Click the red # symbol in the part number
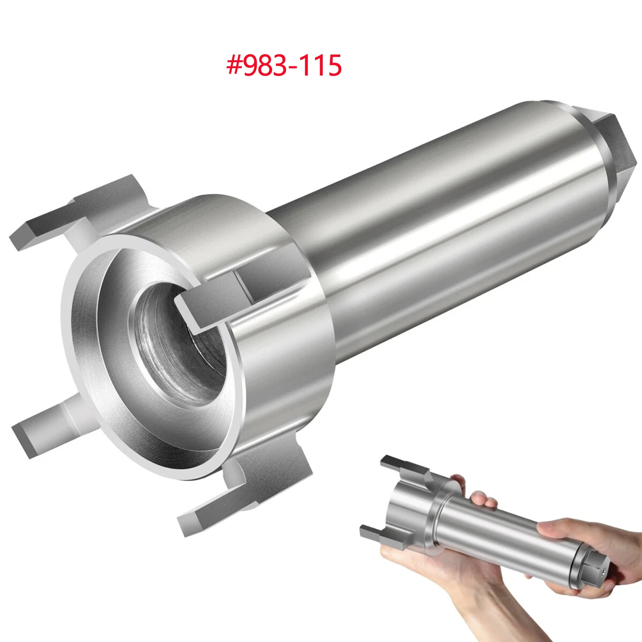[x=234, y=65]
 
